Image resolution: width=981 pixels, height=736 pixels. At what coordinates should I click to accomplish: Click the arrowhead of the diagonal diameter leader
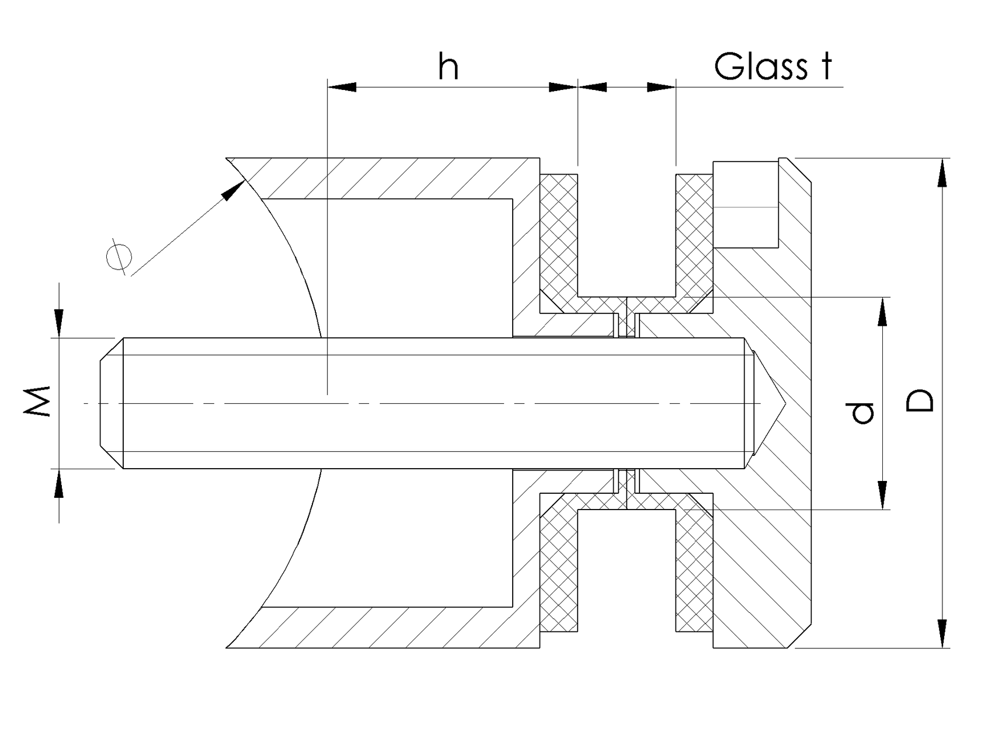pos(235,190)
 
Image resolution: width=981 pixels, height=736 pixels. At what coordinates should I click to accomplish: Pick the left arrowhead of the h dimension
pos(342,87)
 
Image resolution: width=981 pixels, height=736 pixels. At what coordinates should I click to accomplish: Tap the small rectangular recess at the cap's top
pos(746,204)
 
